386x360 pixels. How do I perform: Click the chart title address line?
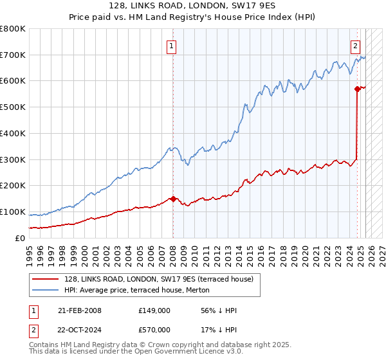[192, 6]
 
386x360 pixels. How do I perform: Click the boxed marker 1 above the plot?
[172, 46]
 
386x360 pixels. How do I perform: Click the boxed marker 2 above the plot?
[355, 46]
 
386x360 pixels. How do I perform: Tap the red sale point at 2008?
[173, 199]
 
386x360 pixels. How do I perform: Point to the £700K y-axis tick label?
[13, 55]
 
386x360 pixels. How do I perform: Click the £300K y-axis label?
[13, 159]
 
